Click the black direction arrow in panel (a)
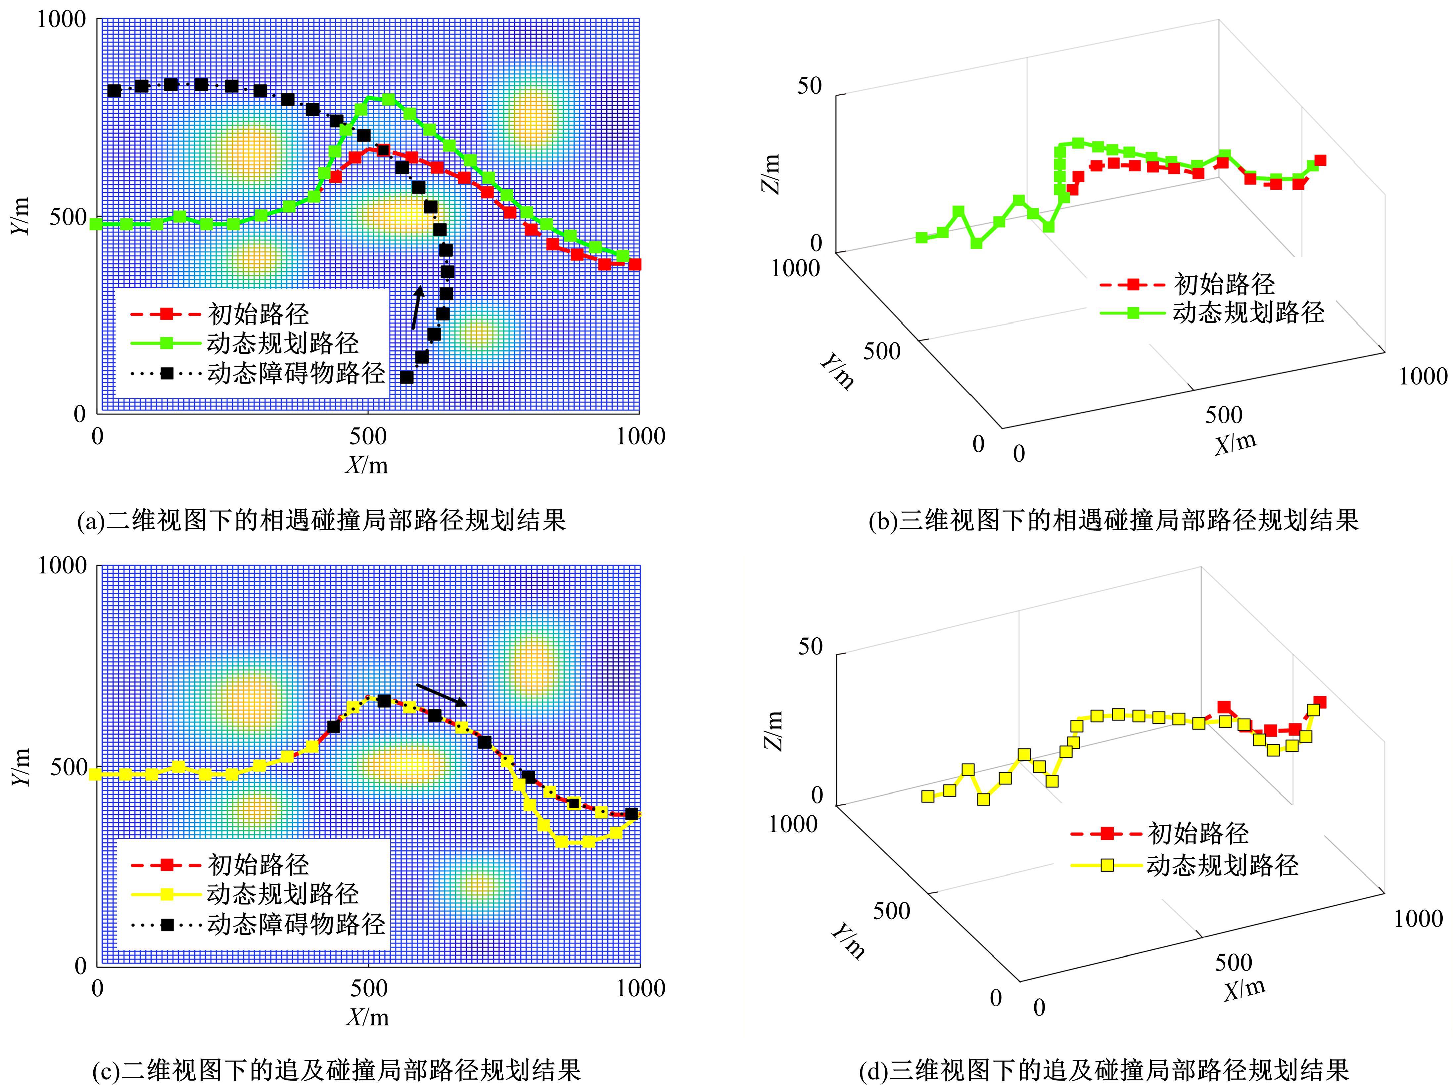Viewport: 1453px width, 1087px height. pos(416,307)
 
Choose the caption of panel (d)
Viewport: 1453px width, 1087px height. pos(1103,1070)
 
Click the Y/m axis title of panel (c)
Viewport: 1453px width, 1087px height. pos(21,766)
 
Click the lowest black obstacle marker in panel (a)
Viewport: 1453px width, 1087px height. pos(406,377)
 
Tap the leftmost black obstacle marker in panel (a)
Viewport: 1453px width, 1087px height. pos(114,91)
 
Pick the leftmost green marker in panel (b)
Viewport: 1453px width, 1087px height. pos(921,238)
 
